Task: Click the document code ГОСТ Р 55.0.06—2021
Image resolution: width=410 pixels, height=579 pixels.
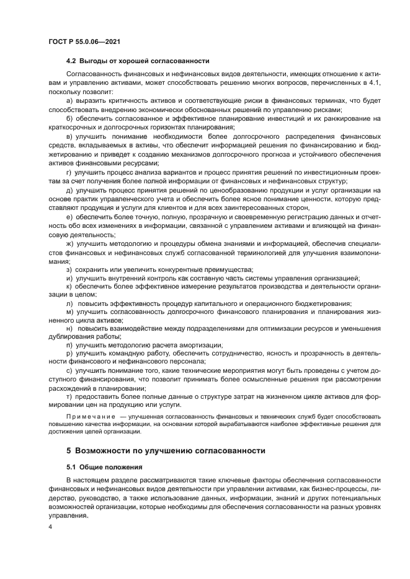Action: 84,41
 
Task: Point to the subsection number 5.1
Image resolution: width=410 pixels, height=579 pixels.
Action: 72,466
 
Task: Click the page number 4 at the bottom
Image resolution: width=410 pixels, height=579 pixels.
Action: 50,526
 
